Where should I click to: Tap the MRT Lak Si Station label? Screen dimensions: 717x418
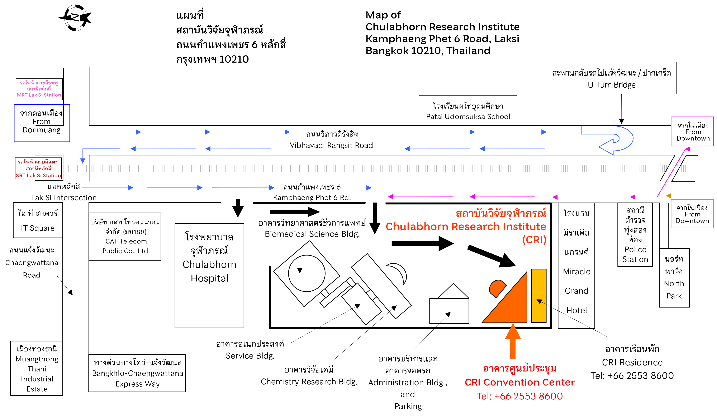(x=39, y=89)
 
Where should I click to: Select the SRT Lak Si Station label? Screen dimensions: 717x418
(x=38, y=169)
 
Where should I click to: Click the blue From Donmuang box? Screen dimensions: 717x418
(x=42, y=123)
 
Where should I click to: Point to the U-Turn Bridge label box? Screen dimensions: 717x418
(x=611, y=78)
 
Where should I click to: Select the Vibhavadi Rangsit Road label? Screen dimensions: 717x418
(x=331, y=140)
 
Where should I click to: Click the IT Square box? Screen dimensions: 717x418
(x=38, y=220)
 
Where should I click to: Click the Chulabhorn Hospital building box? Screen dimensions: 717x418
(x=209, y=276)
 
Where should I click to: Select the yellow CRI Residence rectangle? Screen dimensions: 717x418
(x=539, y=296)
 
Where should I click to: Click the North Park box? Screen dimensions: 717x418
(x=674, y=278)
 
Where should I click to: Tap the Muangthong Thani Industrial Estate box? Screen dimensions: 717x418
(x=37, y=368)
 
